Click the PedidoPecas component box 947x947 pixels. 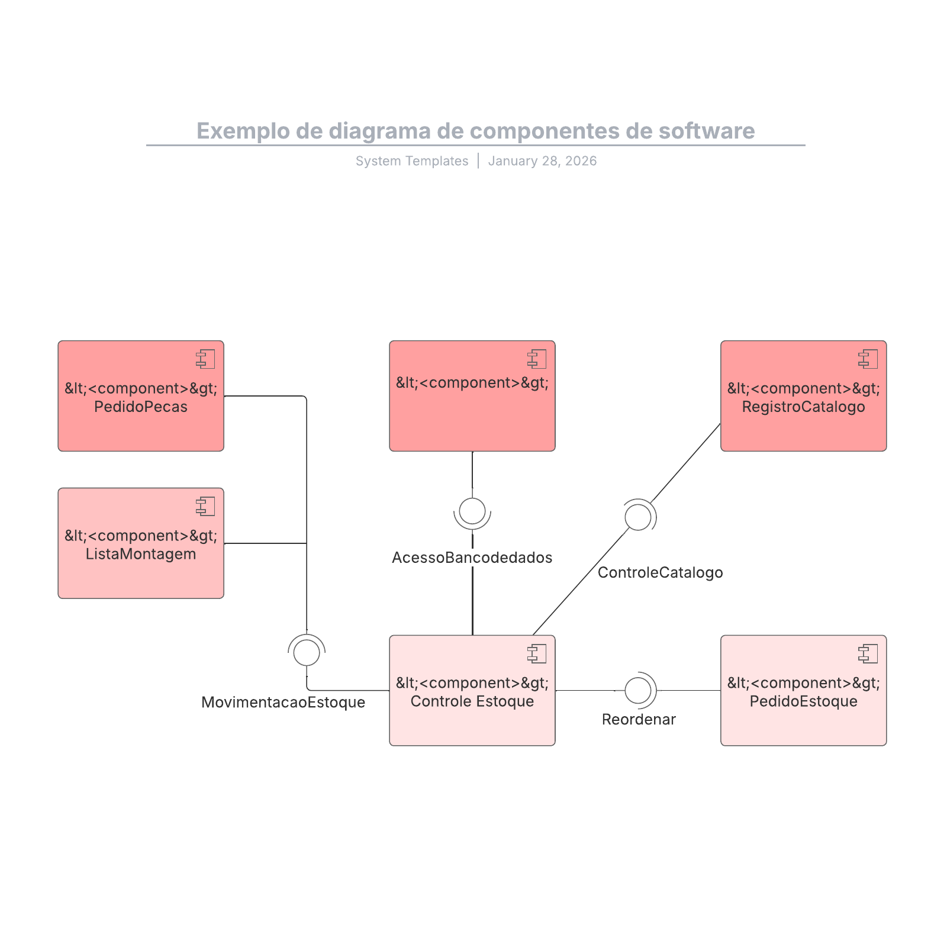click(141, 414)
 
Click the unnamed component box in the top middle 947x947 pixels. click(472, 414)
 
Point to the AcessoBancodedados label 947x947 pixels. click(472, 558)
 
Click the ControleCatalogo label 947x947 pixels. click(660, 572)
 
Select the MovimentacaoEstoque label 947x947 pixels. click(283, 702)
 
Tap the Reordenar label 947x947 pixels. click(639, 719)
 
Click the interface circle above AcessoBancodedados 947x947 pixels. click(472, 511)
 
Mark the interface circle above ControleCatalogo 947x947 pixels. click(638, 517)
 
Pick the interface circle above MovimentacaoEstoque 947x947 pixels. click(307, 652)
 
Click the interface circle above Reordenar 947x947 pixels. click(638, 690)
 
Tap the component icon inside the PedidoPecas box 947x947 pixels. click(205, 359)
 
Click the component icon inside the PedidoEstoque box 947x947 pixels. click(868, 654)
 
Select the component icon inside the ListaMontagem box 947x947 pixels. click(205, 507)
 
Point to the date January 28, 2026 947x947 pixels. click(542, 161)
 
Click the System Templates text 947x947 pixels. click(411, 161)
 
